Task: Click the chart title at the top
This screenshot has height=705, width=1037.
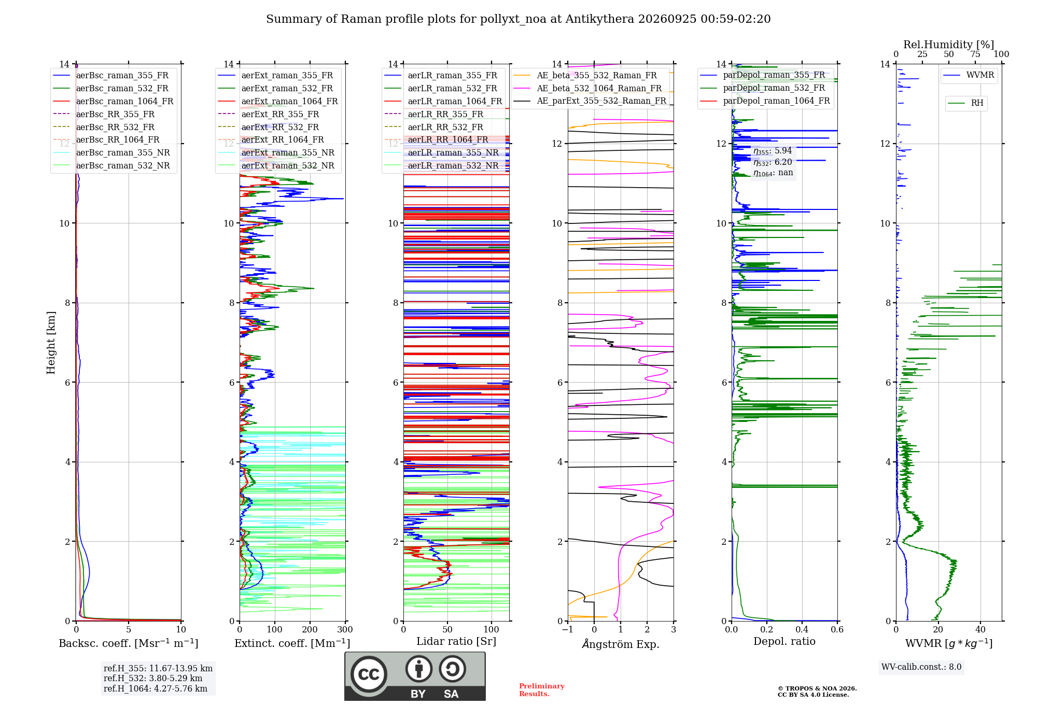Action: point(518,19)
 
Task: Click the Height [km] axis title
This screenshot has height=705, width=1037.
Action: point(51,343)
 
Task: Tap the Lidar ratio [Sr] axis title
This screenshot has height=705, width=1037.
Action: point(456,642)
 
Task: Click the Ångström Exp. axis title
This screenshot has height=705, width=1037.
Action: point(621,644)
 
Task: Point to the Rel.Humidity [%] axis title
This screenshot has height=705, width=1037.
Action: point(949,45)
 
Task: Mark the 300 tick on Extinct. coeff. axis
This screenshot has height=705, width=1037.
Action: point(345,630)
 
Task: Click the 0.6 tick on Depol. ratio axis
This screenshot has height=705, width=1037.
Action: point(837,630)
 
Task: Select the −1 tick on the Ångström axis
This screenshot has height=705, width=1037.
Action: point(568,630)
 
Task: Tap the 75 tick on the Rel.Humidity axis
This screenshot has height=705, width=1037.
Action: point(975,54)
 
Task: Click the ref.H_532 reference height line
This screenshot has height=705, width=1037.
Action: point(153,679)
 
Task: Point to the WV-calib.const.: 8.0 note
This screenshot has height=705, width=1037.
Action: point(921,667)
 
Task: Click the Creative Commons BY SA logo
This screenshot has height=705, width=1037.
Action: point(415,676)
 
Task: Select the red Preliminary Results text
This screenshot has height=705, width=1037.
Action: point(542,690)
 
